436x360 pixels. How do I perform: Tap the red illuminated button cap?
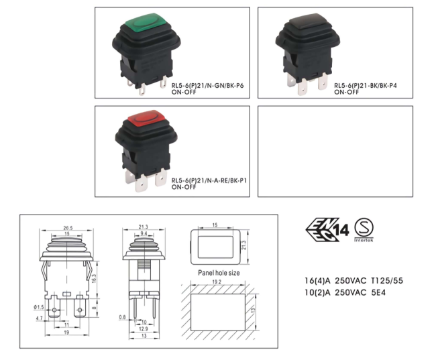(x=146, y=119)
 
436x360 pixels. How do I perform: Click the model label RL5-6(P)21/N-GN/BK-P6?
(x=207, y=86)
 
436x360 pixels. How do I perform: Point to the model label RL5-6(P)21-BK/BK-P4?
(x=366, y=86)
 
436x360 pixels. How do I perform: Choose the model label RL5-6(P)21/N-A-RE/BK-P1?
(x=209, y=181)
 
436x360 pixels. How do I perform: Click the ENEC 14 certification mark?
(x=327, y=230)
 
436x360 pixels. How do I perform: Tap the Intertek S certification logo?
(x=364, y=230)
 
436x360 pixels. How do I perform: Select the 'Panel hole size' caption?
(x=219, y=273)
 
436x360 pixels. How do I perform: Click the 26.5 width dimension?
(x=68, y=228)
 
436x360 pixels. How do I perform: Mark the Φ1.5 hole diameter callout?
(x=39, y=307)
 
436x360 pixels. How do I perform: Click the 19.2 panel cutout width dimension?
(x=217, y=282)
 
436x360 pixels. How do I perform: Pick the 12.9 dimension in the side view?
(x=143, y=329)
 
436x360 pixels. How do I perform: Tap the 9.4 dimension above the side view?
(x=144, y=234)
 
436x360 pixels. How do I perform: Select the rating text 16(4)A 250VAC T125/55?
(x=353, y=281)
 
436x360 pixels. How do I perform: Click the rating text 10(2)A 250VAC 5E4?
(x=345, y=293)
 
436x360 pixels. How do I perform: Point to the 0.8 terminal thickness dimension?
(x=122, y=317)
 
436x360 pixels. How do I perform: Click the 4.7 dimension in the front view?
(x=39, y=318)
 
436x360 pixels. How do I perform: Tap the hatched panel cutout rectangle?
(x=218, y=312)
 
